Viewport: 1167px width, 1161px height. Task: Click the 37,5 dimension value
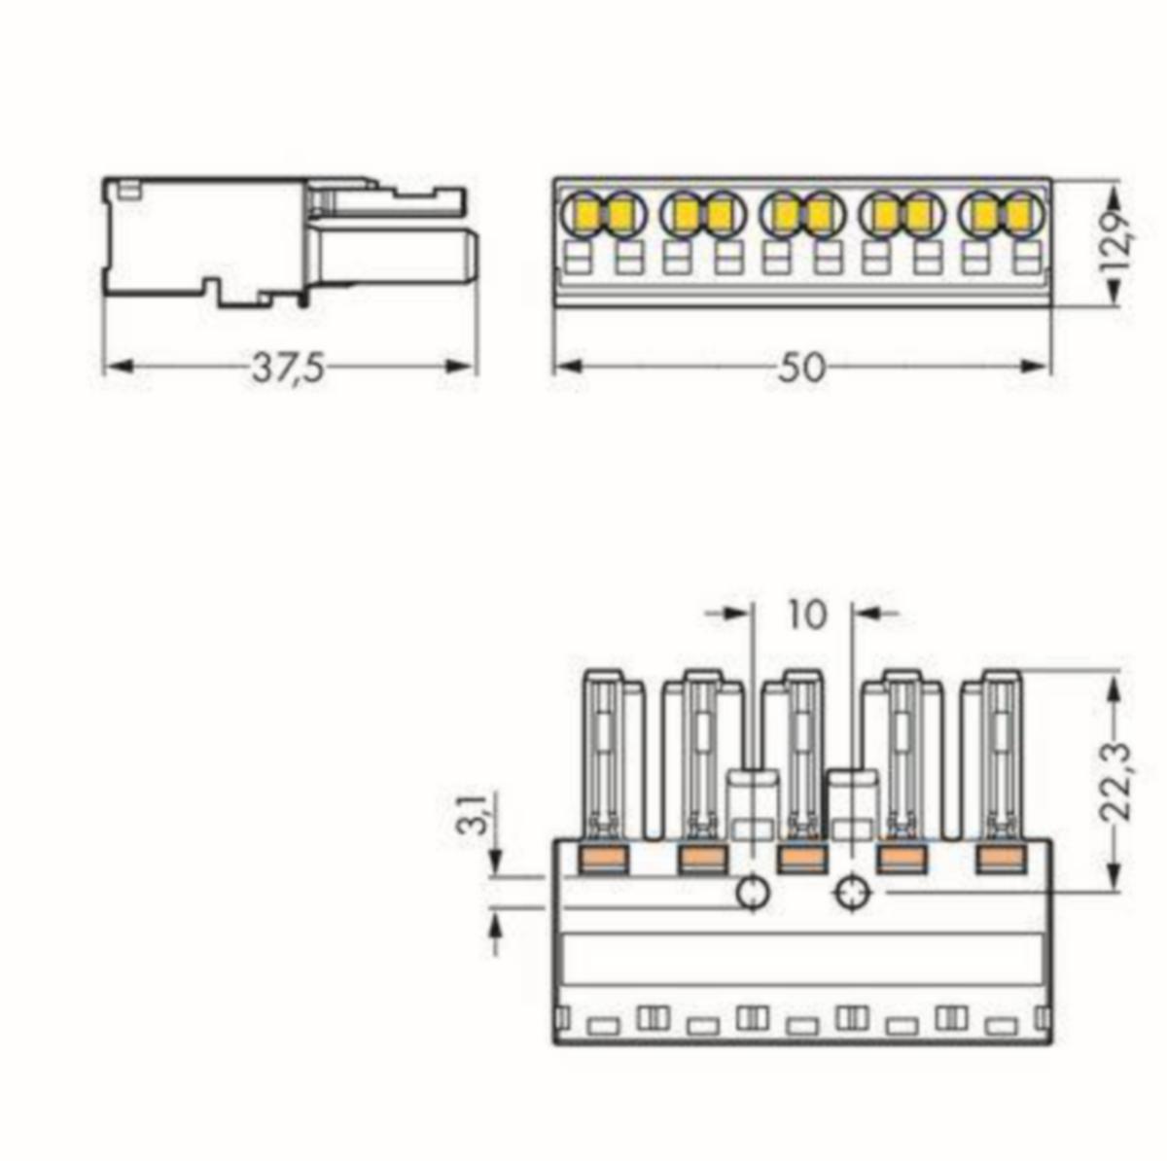pyautogui.click(x=288, y=369)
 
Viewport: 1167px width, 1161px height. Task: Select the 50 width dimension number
pyautogui.click(x=800, y=369)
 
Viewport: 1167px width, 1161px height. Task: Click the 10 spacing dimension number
pyautogui.click(x=806, y=615)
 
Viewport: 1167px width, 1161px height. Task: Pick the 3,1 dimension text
pyautogui.click(x=479, y=816)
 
